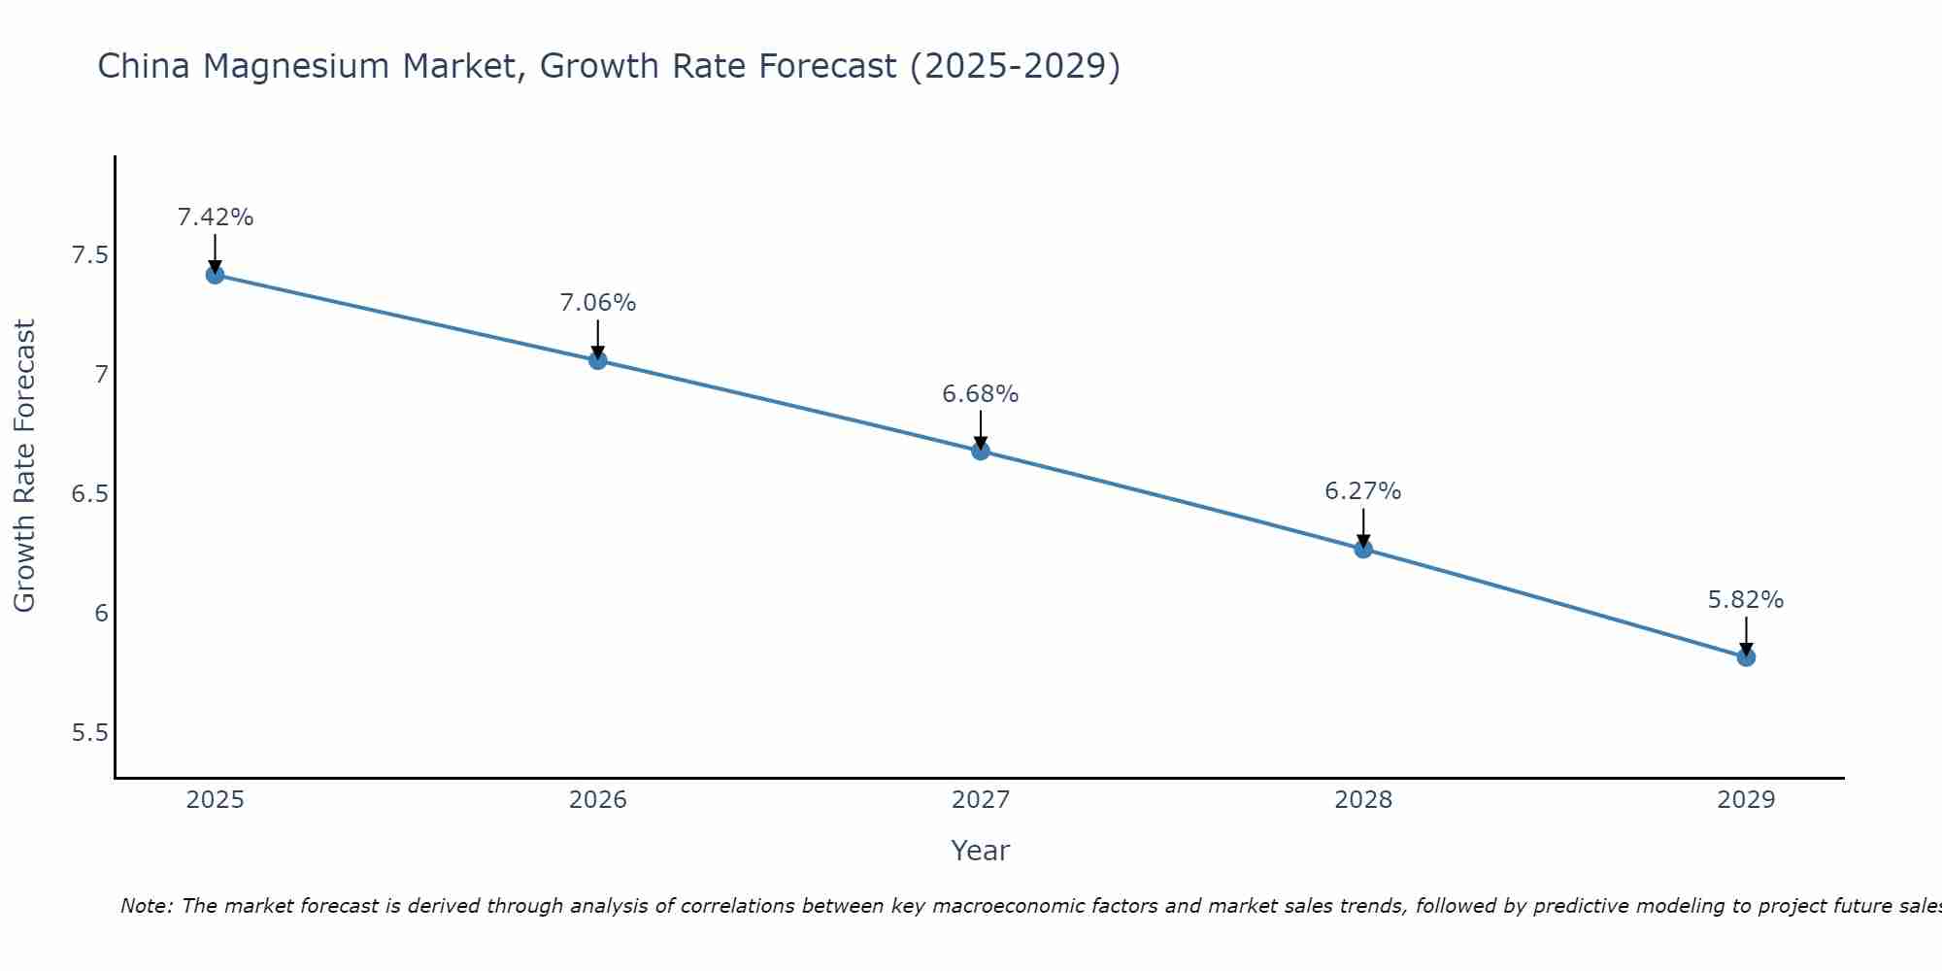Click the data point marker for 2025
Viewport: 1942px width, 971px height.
(x=215, y=275)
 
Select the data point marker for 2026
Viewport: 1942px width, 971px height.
(x=597, y=360)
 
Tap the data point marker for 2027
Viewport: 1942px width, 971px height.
(x=980, y=451)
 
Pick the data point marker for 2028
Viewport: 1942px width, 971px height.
(x=1362, y=549)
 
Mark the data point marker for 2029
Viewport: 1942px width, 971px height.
(x=1745, y=657)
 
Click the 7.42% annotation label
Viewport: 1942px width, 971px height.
(x=215, y=218)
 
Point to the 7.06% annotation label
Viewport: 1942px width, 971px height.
(x=597, y=303)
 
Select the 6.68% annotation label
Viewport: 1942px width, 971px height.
(x=980, y=394)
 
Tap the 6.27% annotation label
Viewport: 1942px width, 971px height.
(x=1362, y=491)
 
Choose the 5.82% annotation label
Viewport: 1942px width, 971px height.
(x=1745, y=600)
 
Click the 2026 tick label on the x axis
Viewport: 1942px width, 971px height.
(x=597, y=800)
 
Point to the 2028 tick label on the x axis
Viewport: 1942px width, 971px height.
(x=1362, y=800)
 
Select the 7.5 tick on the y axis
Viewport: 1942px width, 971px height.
(x=89, y=255)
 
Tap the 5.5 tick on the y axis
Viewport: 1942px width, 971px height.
(x=89, y=732)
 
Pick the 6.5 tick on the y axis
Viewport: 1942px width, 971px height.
(x=89, y=494)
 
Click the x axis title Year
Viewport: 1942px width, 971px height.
(x=980, y=851)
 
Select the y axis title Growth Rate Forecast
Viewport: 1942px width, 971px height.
(x=24, y=466)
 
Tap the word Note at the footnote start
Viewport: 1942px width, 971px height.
(x=146, y=906)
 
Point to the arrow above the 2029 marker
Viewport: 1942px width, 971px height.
(x=1745, y=636)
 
